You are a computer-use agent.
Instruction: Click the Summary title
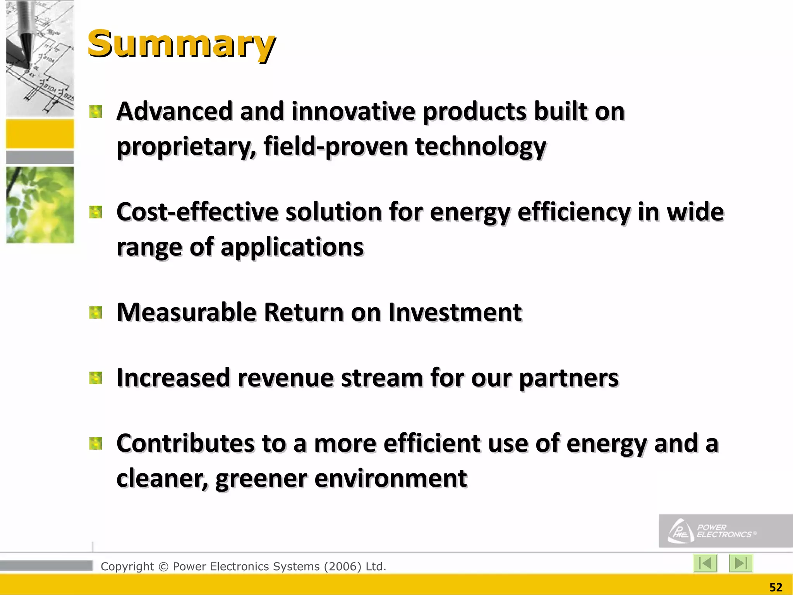pyautogui.click(x=181, y=45)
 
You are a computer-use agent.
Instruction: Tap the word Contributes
pyautogui.click(x=185, y=444)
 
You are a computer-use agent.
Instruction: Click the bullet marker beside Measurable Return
pyautogui.click(x=95, y=312)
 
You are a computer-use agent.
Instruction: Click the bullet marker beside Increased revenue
pyautogui.click(x=95, y=378)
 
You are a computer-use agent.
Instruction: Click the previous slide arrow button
pyautogui.click(x=705, y=563)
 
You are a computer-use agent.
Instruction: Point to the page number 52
pyautogui.click(x=776, y=587)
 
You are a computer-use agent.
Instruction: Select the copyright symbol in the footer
pyautogui.click(x=163, y=567)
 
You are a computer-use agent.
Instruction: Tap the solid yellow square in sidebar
pyautogui.click(x=40, y=134)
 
